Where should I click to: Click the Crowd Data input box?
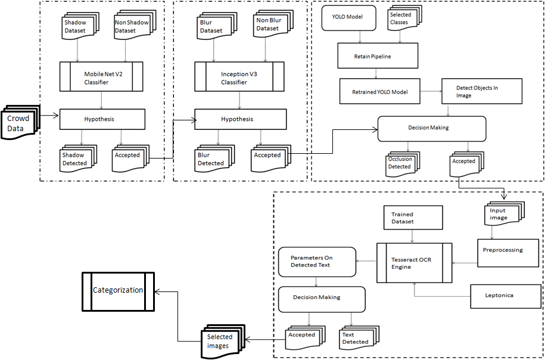tap(19, 123)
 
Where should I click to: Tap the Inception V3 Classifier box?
tap(239, 77)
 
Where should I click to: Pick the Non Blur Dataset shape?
tap(269, 26)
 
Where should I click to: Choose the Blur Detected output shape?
tap(212, 159)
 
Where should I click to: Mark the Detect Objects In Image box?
tap(481, 91)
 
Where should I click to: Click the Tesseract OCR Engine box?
tap(413, 263)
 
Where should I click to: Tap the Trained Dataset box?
tap(412, 218)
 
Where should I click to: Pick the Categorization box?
tap(118, 291)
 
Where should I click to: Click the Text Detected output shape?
tap(356, 338)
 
